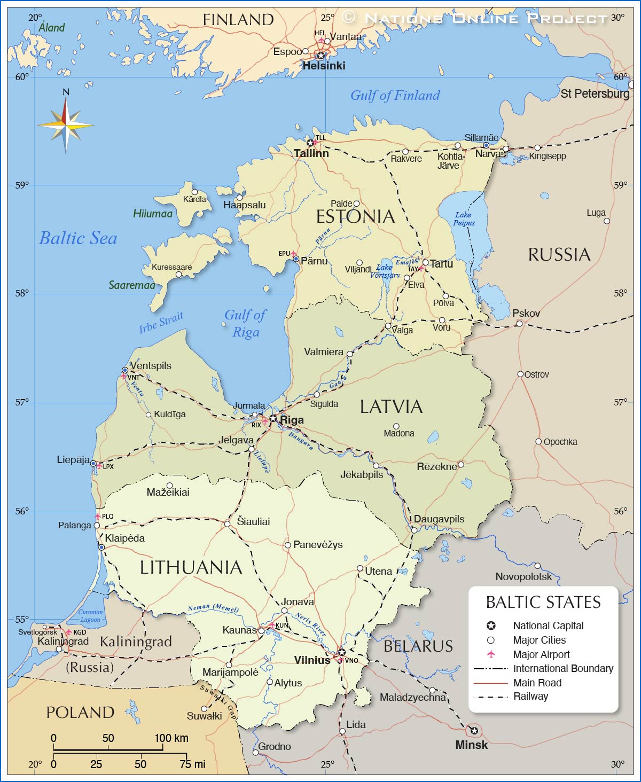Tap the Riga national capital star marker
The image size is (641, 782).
tap(273, 418)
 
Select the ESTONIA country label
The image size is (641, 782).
tap(355, 217)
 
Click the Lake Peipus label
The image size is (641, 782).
tap(463, 219)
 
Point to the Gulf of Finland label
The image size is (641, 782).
tap(395, 96)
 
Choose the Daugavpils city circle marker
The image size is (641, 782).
tap(414, 530)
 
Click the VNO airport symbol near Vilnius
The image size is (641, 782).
tap(340, 660)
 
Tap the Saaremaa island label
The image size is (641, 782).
tap(132, 285)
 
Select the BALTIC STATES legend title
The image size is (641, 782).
tap(543, 603)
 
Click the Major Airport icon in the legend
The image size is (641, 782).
tap(491, 654)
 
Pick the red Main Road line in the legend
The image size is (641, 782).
tap(490, 683)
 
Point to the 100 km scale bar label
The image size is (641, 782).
tap(171, 738)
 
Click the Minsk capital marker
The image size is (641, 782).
tap(474, 730)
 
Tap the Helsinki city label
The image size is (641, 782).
tap(324, 66)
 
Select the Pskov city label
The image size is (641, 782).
tap(526, 314)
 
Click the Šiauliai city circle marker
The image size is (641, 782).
tap(227, 524)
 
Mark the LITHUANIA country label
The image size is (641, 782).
tap(191, 568)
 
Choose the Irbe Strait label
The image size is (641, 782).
tap(161, 323)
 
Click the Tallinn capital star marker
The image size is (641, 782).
tap(310, 143)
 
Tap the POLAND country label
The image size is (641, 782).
tap(80, 713)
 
